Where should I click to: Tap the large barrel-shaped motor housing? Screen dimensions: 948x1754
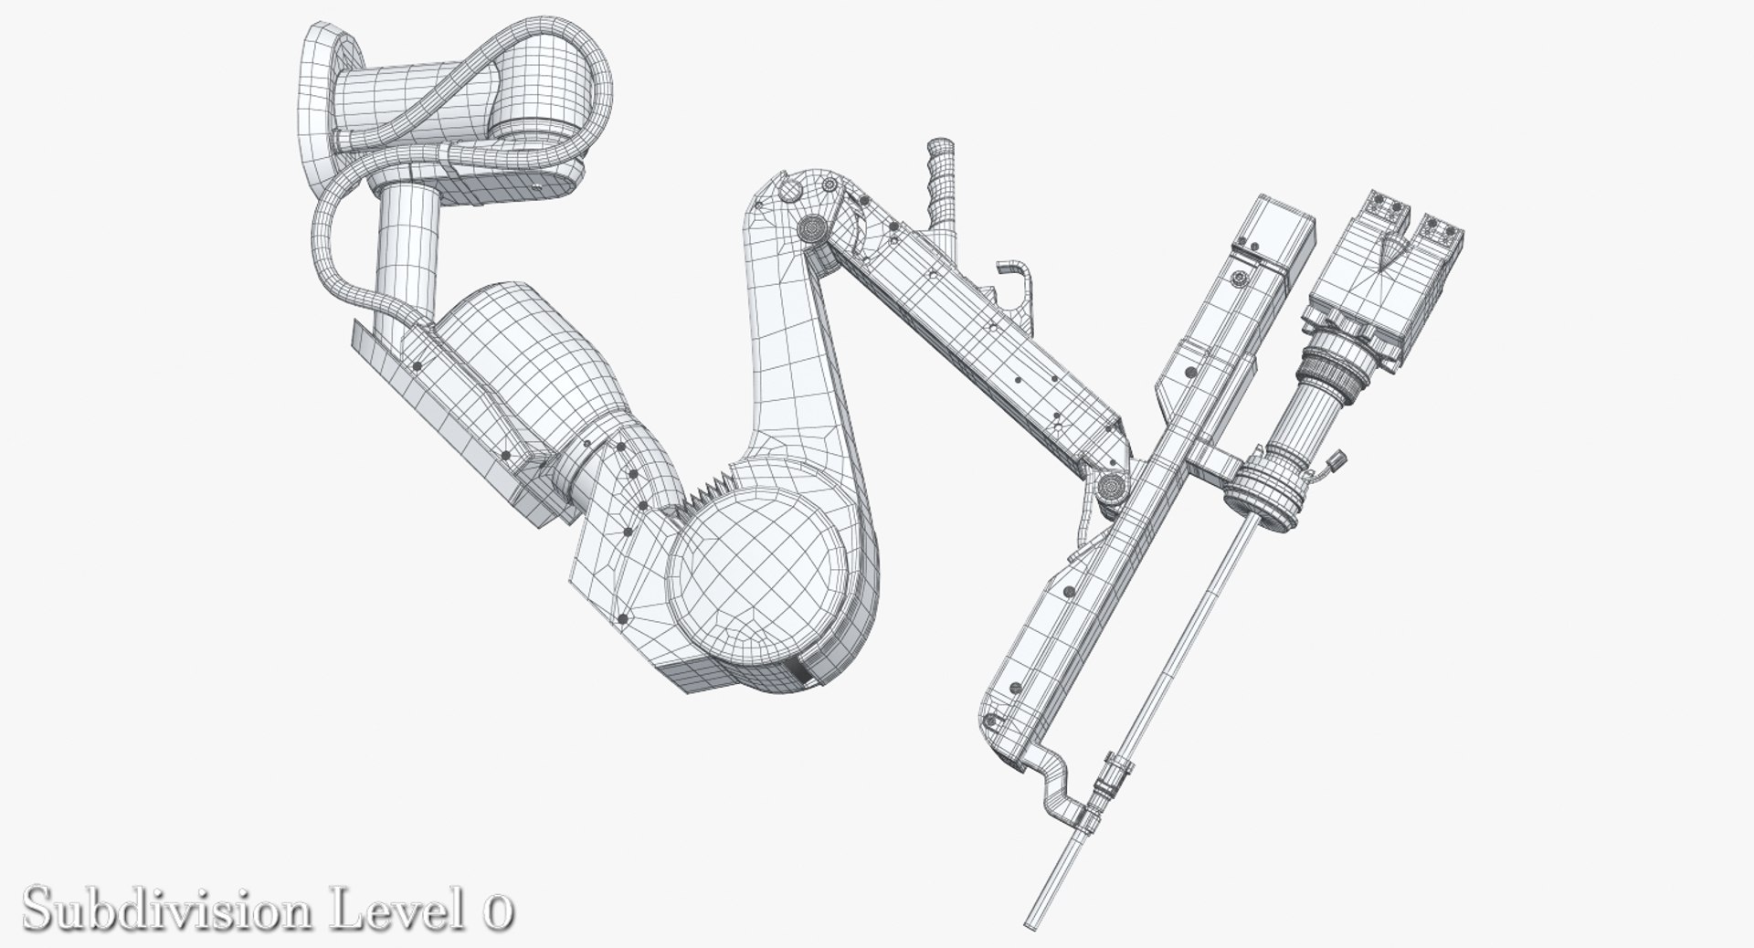[x=525, y=365]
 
